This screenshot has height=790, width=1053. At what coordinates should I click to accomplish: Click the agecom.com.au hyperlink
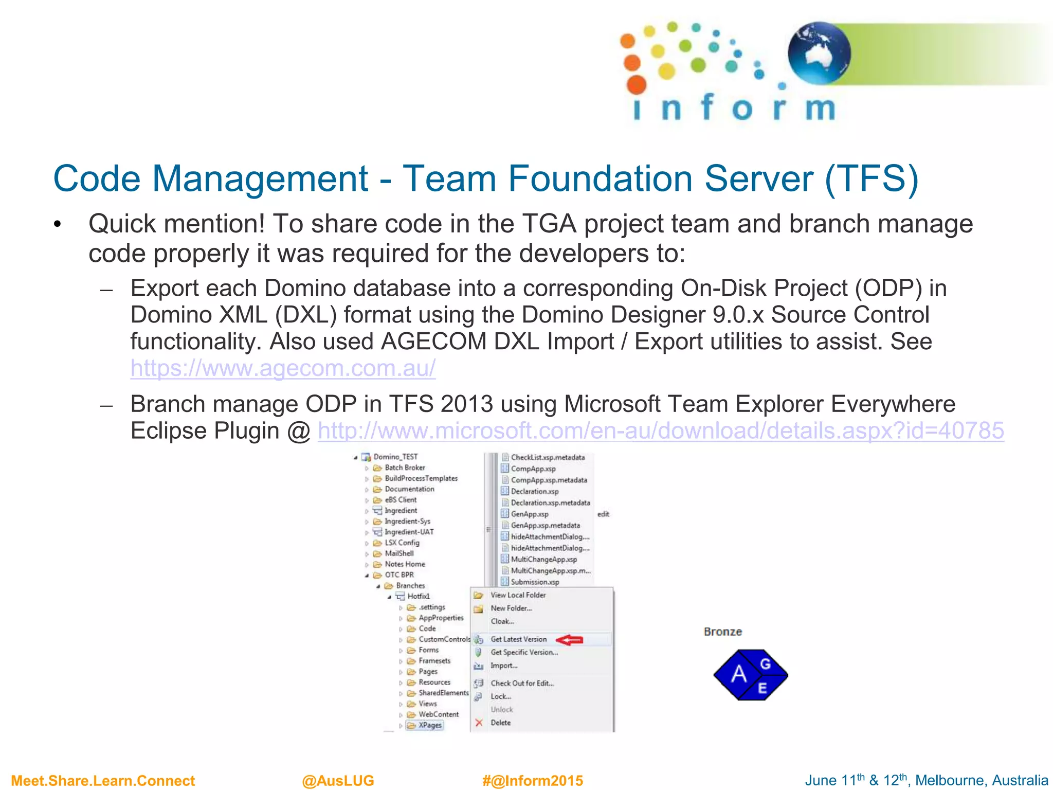click(x=283, y=368)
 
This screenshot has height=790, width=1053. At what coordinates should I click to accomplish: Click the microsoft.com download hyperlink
click(x=661, y=430)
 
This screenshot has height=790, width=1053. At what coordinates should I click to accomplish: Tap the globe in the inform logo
click(x=819, y=53)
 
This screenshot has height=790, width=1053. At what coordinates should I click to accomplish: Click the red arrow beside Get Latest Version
click(x=570, y=640)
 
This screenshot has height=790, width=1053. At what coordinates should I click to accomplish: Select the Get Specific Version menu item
click(x=524, y=652)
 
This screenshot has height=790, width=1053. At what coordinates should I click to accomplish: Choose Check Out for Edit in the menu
click(x=522, y=684)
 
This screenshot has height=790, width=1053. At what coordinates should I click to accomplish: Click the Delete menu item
click(x=500, y=723)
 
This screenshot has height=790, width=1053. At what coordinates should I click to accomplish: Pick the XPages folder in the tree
click(x=430, y=725)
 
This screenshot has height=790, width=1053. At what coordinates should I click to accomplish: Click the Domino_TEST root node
click(x=395, y=457)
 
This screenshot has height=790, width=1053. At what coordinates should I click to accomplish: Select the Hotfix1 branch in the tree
click(x=418, y=596)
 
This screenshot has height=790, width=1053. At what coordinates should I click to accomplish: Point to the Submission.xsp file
click(x=535, y=582)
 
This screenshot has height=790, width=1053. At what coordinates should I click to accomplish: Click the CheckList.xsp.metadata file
click(x=547, y=457)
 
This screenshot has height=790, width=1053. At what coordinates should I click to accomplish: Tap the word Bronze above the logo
click(x=722, y=632)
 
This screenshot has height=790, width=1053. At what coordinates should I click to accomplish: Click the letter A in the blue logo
click(x=738, y=674)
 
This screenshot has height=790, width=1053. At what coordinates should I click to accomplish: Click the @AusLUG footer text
click(x=338, y=781)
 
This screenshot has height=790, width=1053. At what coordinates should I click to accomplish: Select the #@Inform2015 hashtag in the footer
click(x=532, y=781)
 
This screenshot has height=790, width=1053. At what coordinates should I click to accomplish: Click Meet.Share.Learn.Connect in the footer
click(x=103, y=781)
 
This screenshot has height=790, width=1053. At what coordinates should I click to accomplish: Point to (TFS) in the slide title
click(x=872, y=178)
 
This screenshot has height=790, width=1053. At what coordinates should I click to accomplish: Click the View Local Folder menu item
click(x=518, y=595)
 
